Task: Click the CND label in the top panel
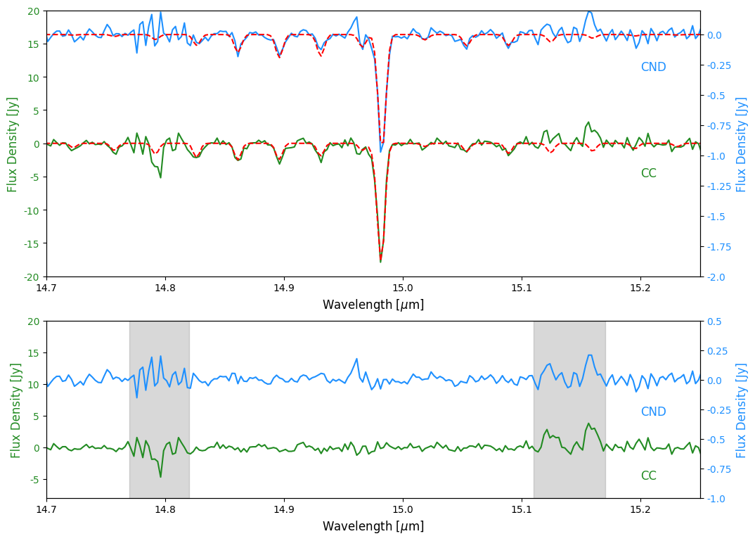coord(653,68)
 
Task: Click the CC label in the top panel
coord(648,174)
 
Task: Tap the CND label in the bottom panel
coord(653,412)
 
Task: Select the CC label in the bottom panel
coord(648,476)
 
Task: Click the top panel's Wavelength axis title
coord(373,305)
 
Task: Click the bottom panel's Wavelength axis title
coord(373,526)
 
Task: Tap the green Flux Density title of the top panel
coord(13,144)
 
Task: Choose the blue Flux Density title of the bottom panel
coord(742,410)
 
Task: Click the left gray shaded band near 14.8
coord(159,409)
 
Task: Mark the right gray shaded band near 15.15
coord(569,409)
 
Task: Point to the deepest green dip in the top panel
coord(380,262)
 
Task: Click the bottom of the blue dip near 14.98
coord(381,152)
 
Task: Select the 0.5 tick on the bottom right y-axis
coord(713,322)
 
